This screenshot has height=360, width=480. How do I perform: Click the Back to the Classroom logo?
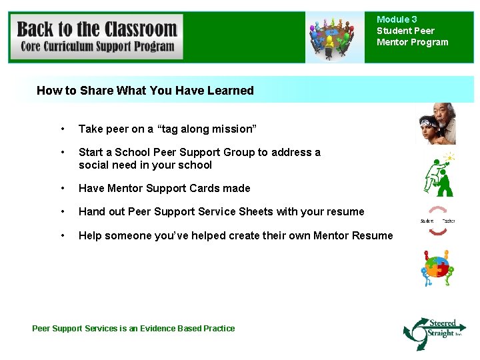click(97, 37)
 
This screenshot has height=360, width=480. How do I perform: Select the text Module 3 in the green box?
click(397, 20)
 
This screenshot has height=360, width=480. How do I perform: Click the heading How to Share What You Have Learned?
click(145, 91)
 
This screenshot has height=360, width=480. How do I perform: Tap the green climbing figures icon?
click(439, 175)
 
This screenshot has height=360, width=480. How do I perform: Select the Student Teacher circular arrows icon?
click(437, 221)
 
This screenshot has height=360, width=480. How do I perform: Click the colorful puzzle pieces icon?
click(437, 268)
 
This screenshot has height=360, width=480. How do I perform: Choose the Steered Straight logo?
click(435, 332)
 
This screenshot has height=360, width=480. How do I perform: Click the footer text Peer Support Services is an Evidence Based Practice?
click(133, 328)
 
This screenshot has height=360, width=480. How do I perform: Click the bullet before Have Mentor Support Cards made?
click(62, 189)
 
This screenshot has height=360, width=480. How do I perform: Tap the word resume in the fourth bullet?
click(345, 212)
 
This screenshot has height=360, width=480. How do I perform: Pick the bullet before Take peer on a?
click(62, 129)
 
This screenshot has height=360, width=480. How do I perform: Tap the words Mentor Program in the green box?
click(413, 43)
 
